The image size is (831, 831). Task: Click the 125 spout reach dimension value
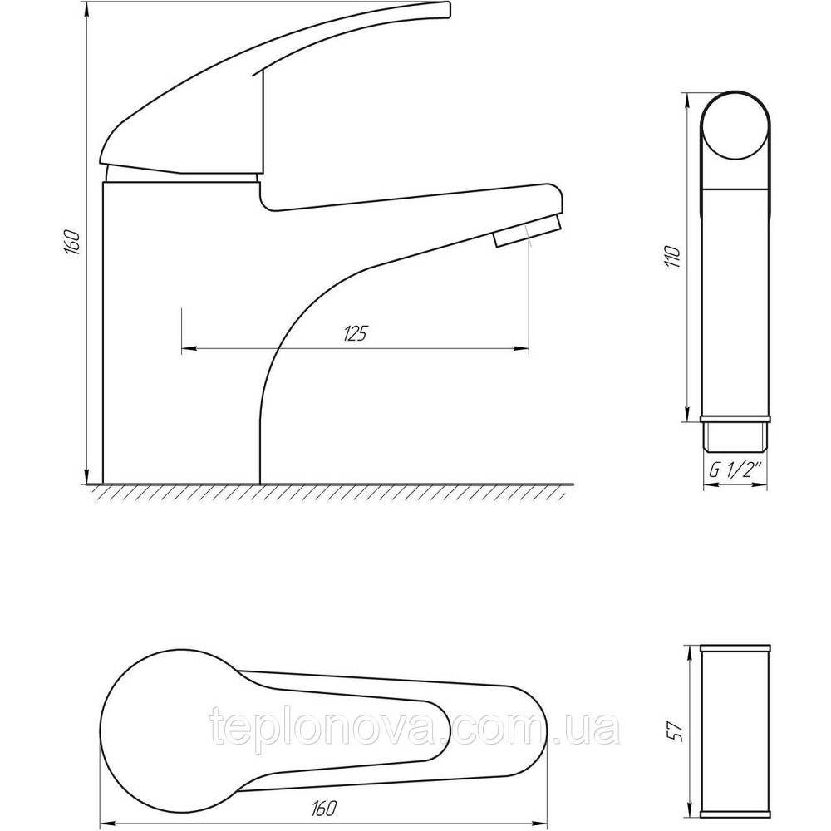[x=356, y=333]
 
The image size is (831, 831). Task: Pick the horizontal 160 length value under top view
[x=324, y=809]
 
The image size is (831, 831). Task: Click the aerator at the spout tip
[x=527, y=232]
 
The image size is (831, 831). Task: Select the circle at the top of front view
[x=735, y=126]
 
